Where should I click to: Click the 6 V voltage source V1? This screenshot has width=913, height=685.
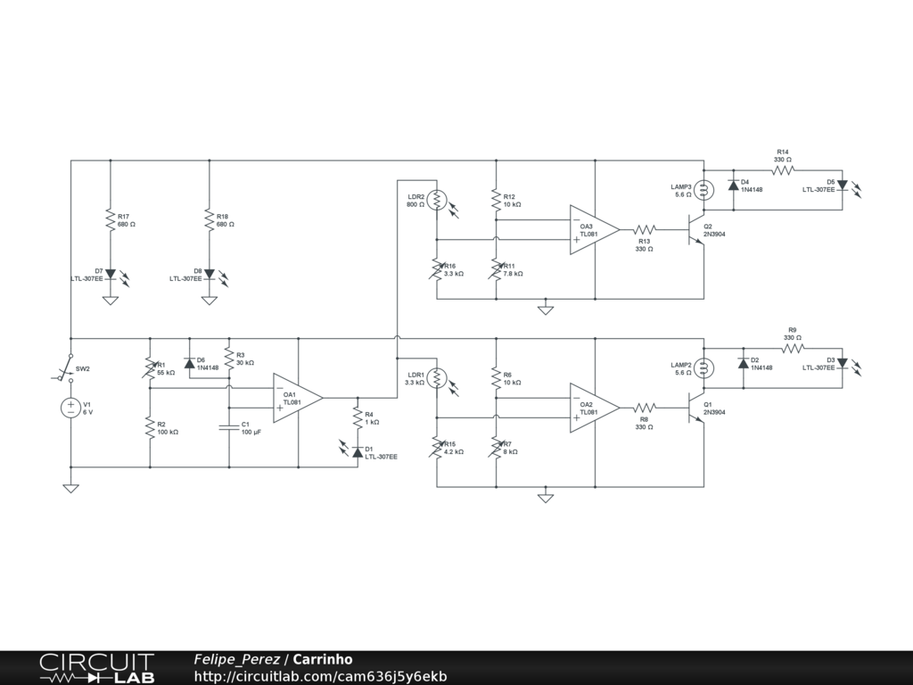tap(70, 408)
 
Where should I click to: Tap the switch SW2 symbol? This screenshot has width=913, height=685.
tap(65, 367)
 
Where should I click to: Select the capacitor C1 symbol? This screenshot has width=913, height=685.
tap(229, 428)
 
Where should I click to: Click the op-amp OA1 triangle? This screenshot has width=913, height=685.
tap(298, 398)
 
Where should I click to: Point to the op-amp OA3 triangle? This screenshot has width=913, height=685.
tap(595, 229)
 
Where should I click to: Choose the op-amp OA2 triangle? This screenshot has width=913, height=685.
tap(595, 408)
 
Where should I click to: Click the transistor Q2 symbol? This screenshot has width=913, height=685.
tap(696, 229)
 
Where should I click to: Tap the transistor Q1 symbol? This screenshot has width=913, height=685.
tap(696, 408)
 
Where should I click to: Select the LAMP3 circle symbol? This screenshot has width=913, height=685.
tap(704, 190)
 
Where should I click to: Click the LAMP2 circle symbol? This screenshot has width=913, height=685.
tap(704, 368)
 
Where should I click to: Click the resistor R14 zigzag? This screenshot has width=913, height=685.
tap(783, 170)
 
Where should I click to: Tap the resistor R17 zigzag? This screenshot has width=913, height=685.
tap(110, 219)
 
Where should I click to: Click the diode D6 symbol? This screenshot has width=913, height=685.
tap(189, 364)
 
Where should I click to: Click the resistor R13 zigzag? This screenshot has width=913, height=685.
tap(644, 229)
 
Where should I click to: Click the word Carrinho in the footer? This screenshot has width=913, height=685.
tap(323, 659)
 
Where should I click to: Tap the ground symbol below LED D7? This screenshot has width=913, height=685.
tap(110, 301)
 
